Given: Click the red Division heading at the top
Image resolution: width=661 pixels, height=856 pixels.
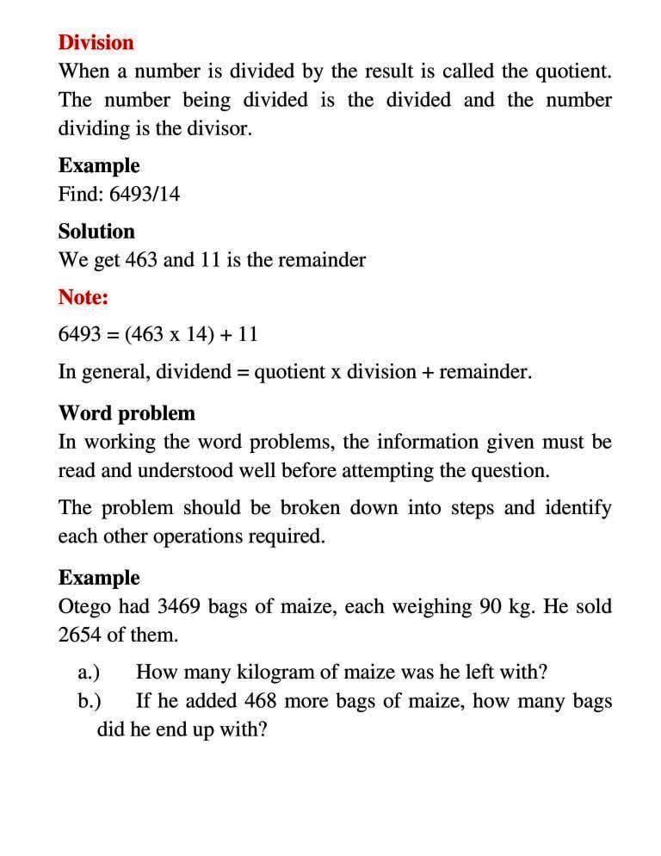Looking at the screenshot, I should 96,42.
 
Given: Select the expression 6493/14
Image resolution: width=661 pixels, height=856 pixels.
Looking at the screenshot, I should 145,194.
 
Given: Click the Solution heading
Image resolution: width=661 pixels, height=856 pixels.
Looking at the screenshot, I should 96,232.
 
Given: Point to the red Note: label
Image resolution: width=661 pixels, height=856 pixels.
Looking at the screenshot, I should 83,297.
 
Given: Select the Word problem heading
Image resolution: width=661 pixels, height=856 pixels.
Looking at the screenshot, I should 127,413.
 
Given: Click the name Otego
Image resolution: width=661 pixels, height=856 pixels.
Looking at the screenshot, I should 84,606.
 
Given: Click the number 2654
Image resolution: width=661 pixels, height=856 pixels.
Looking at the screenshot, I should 80,636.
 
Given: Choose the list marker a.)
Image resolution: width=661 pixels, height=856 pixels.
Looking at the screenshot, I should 89,672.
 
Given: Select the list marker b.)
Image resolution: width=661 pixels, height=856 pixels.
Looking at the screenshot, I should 89,701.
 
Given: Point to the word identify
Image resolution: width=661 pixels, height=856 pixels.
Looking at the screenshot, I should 578,508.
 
